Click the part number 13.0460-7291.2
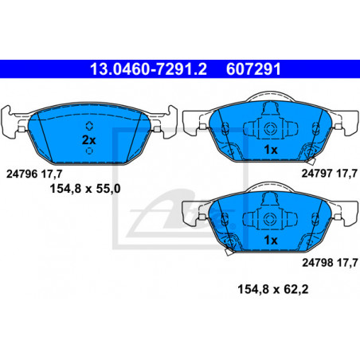148,69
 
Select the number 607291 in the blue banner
253,69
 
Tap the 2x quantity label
88,140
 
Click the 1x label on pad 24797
271,150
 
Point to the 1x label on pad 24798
271,240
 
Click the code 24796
22,174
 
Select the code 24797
317,174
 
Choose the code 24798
318,263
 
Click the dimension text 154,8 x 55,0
85,189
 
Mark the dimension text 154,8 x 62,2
273,289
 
